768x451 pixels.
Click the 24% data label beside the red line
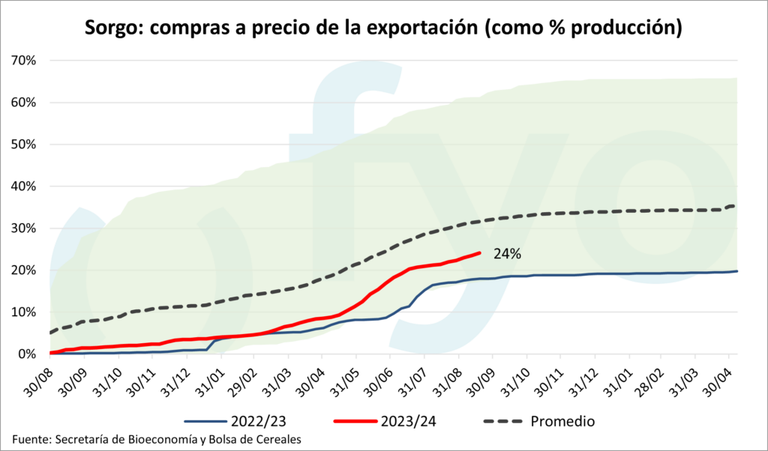coord(507,254)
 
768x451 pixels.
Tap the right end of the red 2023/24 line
coord(479,252)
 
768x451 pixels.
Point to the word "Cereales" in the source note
coord(275,440)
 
